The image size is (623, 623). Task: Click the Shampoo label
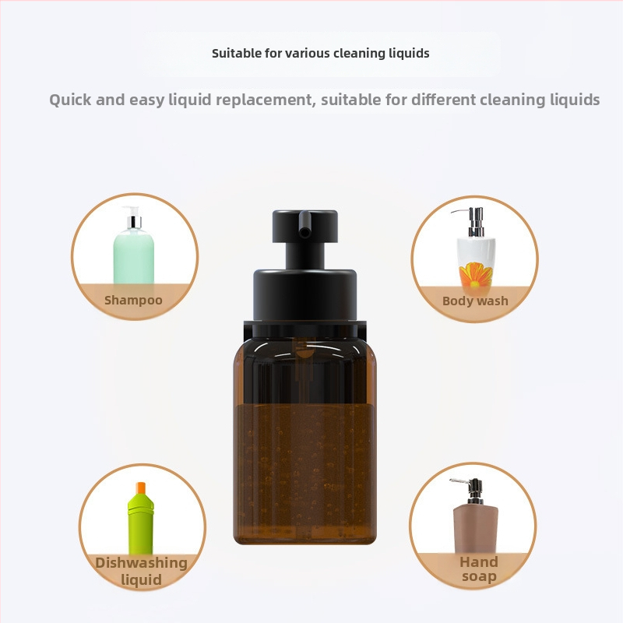pyautogui.click(x=133, y=300)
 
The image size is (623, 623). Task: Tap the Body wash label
pyautogui.click(x=475, y=301)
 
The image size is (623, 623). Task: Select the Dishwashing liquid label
pyautogui.click(x=141, y=571)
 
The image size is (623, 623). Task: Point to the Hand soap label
pyautogui.click(x=479, y=569)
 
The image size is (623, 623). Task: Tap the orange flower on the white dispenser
pyautogui.click(x=475, y=275)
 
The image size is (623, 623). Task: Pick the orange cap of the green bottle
pyautogui.click(x=141, y=487)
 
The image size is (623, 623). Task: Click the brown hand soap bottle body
pyautogui.click(x=476, y=529)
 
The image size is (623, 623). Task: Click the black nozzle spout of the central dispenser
pyautogui.click(x=304, y=224)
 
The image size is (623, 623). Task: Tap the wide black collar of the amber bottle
pyautogui.click(x=304, y=295)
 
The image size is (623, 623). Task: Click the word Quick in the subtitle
pyautogui.click(x=70, y=100)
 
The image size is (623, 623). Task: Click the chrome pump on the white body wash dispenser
pyautogui.click(x=473, y=222)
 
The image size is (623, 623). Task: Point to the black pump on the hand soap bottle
pyautogui.click(x=471, y=491)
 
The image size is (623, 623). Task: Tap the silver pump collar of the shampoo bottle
pyautogui.click(x=134, y=222)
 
